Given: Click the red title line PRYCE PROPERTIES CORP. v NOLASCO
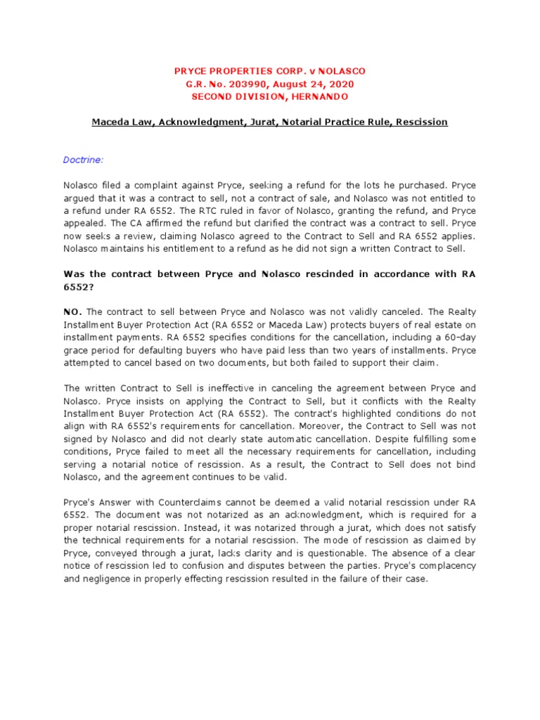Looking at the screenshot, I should click(270, 72).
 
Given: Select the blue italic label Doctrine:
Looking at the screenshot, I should click(84, 160).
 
